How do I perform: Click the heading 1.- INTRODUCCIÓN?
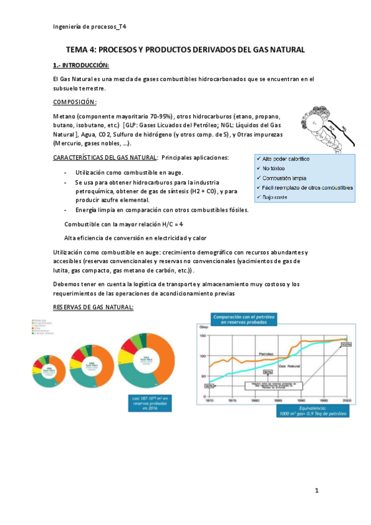click(x=81, y=65)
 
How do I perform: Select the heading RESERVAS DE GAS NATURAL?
click(x=93, y=307)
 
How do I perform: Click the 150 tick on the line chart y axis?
click(x=201, y=336)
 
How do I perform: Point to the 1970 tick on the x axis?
click(x=209, y=401)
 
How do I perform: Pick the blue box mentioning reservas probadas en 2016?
click(x=150, y=402)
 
